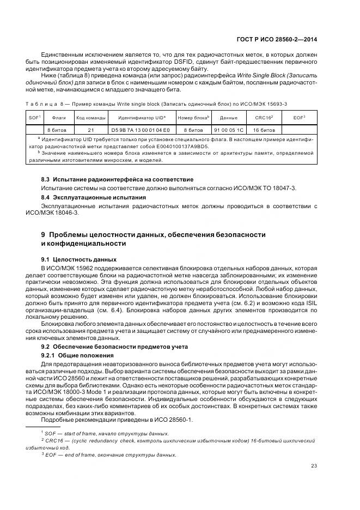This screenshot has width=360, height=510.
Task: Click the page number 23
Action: (314, 465)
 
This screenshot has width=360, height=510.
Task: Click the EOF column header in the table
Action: (299, 118)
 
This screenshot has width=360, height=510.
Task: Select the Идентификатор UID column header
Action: (141, 118)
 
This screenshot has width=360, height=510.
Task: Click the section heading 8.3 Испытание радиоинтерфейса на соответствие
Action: (117, 179)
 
